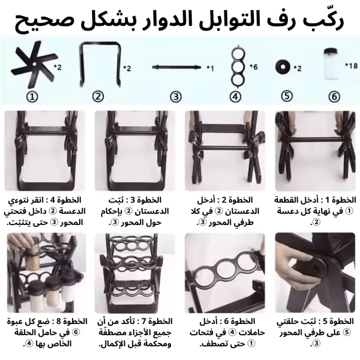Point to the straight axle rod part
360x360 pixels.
pyautogui.click(x=176, y=67)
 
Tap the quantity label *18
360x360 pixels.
pyautogui.click(x=351, y=66)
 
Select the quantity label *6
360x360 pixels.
pyautogui.click(x=254, y=67)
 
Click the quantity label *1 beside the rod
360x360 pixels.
pyautogui.click(x=210, y=68)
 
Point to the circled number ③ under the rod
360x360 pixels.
pyautogui.click(x=176, y=97)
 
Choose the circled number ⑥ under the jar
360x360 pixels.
pyautogui.click(x=334, y=97)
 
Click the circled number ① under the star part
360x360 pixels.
pyautogui.click(x=32, y=97)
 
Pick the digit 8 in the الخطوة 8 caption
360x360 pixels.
pyautogui.click(x=59, y=321)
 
